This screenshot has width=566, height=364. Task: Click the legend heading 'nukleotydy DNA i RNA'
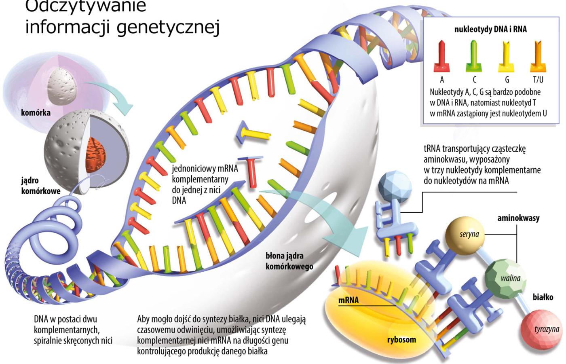tap(490, 29)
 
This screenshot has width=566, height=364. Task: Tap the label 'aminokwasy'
tap(518, 218)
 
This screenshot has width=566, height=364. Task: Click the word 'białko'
tap(543, 297)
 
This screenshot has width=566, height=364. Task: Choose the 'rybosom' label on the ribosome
tap(401, 339)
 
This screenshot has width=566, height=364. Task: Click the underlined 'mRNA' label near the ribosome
tap(348, 301)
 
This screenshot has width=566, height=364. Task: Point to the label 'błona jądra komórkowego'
tap(289, 261)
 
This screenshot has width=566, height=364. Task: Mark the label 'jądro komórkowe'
tap(41, 186)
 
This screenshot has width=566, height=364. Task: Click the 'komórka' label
tap(36, 112)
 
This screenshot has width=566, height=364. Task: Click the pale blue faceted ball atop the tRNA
tap(394, 186)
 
